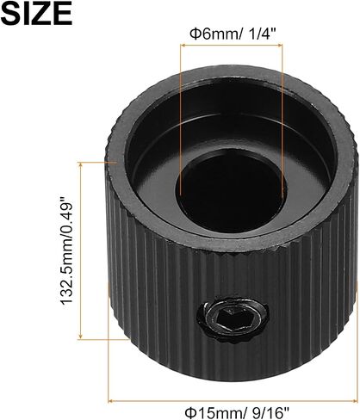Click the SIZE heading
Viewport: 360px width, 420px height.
click(x=36, y=13)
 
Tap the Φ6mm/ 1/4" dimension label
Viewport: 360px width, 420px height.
click(x=233, y=34)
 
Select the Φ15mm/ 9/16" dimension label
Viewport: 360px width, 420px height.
click(x=236, y=413)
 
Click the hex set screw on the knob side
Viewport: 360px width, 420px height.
click(x=233, y=319)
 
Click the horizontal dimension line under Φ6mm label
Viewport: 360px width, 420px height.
click(x=231, y=45)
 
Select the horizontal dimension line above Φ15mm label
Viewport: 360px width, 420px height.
click(x=233, y=399)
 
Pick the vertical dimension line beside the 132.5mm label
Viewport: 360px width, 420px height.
click(x=81, y=250)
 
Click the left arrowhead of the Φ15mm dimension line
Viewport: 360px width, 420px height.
click(x=110, y=399)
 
